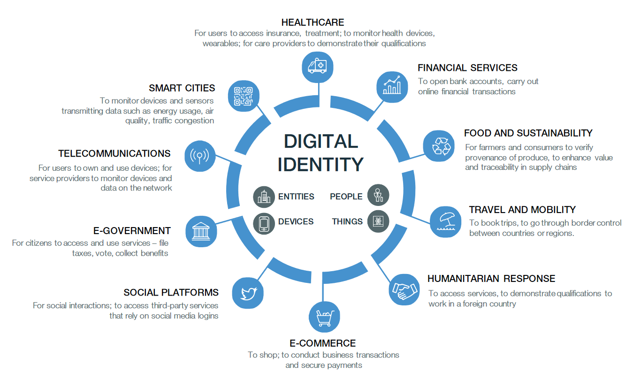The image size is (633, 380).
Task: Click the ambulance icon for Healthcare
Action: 317,67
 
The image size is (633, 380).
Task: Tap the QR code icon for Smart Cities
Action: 244,96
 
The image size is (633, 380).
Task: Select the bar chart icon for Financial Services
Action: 392,87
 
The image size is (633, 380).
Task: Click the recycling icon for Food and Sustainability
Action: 439,146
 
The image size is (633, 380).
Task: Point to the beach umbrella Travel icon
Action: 446,222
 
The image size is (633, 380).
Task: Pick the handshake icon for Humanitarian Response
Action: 404,289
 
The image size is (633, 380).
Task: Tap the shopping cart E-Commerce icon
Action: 324,317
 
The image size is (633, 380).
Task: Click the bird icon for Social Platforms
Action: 248,293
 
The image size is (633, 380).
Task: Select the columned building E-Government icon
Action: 201,231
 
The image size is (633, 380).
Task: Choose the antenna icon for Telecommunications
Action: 200,156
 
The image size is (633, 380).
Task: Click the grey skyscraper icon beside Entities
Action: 264,197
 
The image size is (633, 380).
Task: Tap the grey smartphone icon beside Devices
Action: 264,223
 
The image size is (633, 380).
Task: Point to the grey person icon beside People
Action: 378,195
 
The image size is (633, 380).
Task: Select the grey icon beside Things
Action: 378,221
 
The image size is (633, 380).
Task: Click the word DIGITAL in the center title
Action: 321,141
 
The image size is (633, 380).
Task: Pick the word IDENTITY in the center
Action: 320,164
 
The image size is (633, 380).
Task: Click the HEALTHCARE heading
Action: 313,23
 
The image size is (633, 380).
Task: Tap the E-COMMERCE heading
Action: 322,343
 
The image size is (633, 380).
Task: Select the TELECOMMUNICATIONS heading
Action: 114,153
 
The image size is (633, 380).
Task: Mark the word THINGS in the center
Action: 347,221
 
